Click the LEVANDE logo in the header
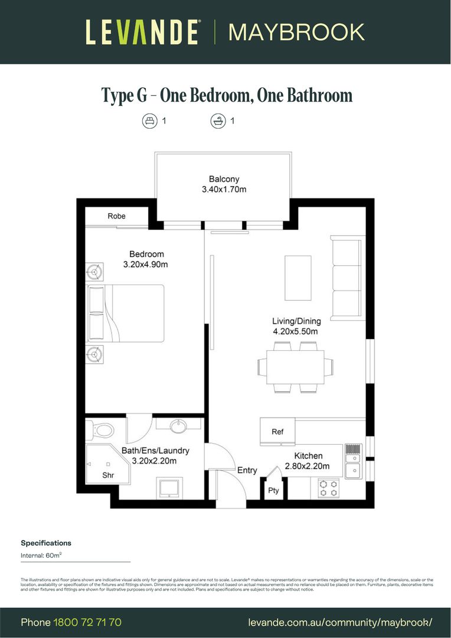[142, 32]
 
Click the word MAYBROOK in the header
[296, 32]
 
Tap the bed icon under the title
[149, 121]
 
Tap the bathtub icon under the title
[218, 121]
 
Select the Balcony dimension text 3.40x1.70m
[224, 190]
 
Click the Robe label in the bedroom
[116, 216]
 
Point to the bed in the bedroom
[126, 313]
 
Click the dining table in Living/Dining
[295, 367]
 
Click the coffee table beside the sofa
[298, 278]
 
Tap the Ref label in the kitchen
[277, 432]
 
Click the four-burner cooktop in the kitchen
[328, 488]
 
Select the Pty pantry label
[273, 490]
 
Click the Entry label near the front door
[247, 470]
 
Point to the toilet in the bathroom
[102, 430]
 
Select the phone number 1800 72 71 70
[87, 623]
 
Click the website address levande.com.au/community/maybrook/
[340, 623]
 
